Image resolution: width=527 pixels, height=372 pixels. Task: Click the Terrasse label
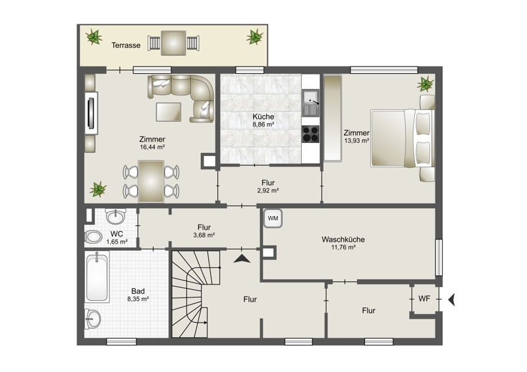pos(126,45)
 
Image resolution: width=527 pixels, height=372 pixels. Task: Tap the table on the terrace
pos(173,43)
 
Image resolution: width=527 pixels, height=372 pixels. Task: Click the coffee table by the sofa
pos(169,112)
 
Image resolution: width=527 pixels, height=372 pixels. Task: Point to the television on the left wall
pos(91,113)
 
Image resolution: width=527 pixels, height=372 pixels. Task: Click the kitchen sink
pos(311,103)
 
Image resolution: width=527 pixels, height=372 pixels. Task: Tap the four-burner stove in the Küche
pos(310,134)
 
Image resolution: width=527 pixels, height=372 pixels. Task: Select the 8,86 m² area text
pos(263,124)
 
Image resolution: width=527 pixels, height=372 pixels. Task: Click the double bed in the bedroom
pos(402,138)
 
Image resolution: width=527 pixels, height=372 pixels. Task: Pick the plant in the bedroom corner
pos(426,84)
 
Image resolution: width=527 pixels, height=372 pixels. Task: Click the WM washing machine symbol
pos(273,219)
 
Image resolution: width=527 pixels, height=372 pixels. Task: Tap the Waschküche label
pos(343,240)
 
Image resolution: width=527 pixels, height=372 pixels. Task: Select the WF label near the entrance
pos(424,298)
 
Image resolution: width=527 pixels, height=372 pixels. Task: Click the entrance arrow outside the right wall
pos(451,300)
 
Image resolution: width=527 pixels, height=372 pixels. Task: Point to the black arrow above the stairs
pos(242,258)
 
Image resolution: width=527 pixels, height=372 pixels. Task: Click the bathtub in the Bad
pos(97,279)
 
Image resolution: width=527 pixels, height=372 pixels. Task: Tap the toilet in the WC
pos(94,237)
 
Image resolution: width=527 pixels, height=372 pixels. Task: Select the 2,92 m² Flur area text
pos(268,190)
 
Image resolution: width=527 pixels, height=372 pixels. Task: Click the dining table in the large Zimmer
pos(151,182)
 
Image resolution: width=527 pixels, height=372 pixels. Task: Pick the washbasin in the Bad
pos(93,319)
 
